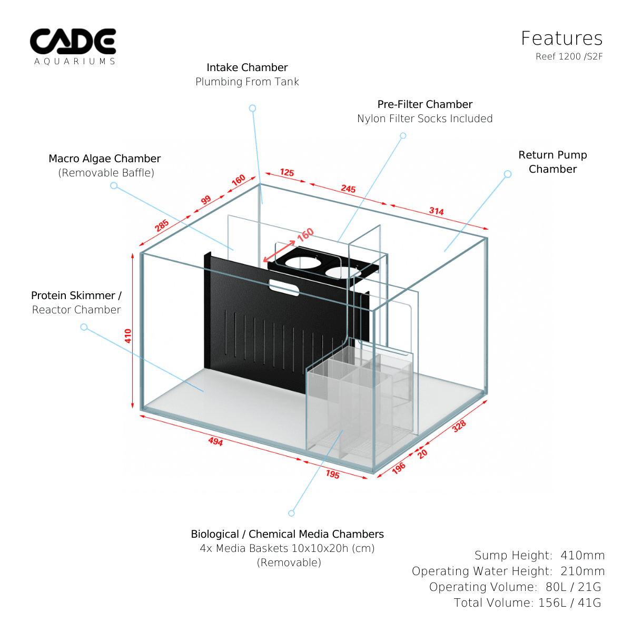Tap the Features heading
[x=561, y=38]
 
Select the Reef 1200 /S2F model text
[x=569, y=56]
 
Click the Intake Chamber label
[x=247, y=68]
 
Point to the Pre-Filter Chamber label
[x=424, y=105]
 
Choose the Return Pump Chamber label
[x=552, y=162]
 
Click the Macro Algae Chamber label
[x=104, y=159]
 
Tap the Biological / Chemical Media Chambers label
[x=287, y=534]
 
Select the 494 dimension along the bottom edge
[x=215, y=441]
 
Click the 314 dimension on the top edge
[x=436, y=211]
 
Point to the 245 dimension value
[x=348, y=189]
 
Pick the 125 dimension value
[x=287, y=173]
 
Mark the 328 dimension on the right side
[x=459, y=426]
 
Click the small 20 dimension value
[x=422, y=453]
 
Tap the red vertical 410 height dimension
[x=128, y=335]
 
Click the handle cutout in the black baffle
[x=284, y=287]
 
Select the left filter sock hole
[x=300, y=263]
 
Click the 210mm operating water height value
[x=582, y=571]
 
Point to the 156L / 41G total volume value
[x=569, y=603]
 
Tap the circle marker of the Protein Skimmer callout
[x=84, y=327]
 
